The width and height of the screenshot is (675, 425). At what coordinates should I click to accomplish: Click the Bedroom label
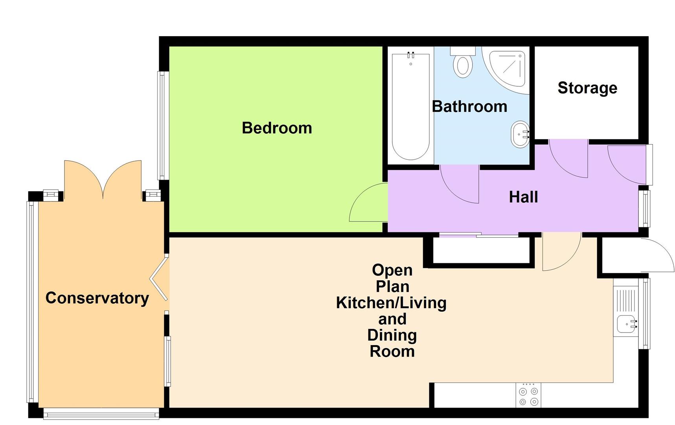pos(277,128)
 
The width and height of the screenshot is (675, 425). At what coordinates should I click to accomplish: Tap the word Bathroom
pos(469,107)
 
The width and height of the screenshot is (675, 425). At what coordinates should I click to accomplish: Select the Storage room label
pos(587,88)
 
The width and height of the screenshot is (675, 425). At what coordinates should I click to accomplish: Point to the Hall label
pos(523,197)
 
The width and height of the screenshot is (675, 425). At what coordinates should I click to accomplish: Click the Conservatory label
pos(97,298)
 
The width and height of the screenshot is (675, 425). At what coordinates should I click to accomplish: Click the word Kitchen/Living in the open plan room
pos(391,303)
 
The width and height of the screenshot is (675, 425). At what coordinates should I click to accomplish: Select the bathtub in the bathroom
pos(410,106)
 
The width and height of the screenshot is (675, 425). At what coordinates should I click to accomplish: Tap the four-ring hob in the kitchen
pos(528,396)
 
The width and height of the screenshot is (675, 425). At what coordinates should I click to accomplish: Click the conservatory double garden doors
pos(103,179)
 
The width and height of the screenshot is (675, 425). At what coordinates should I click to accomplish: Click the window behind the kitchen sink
pos(645,313)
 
